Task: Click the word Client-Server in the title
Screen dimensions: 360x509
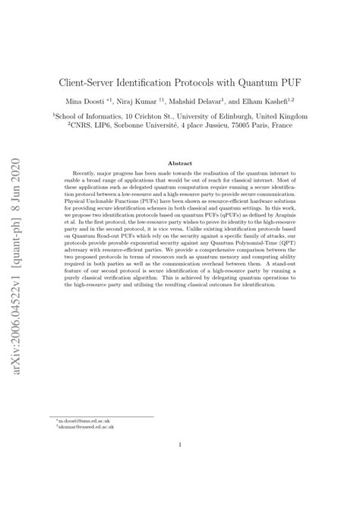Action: point(89,80)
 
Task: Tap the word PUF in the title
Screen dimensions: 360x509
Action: point(283,80)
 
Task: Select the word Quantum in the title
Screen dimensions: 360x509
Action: point(245,80)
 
